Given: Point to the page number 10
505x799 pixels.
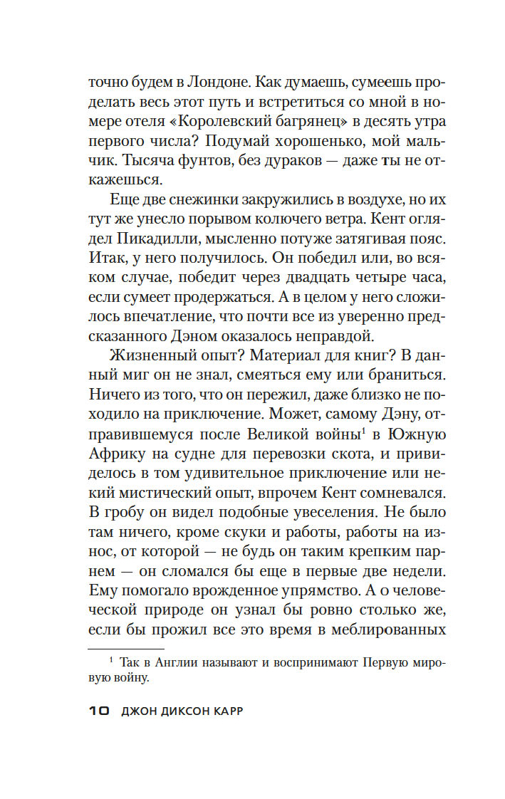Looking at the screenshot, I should (x=98, y=712).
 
